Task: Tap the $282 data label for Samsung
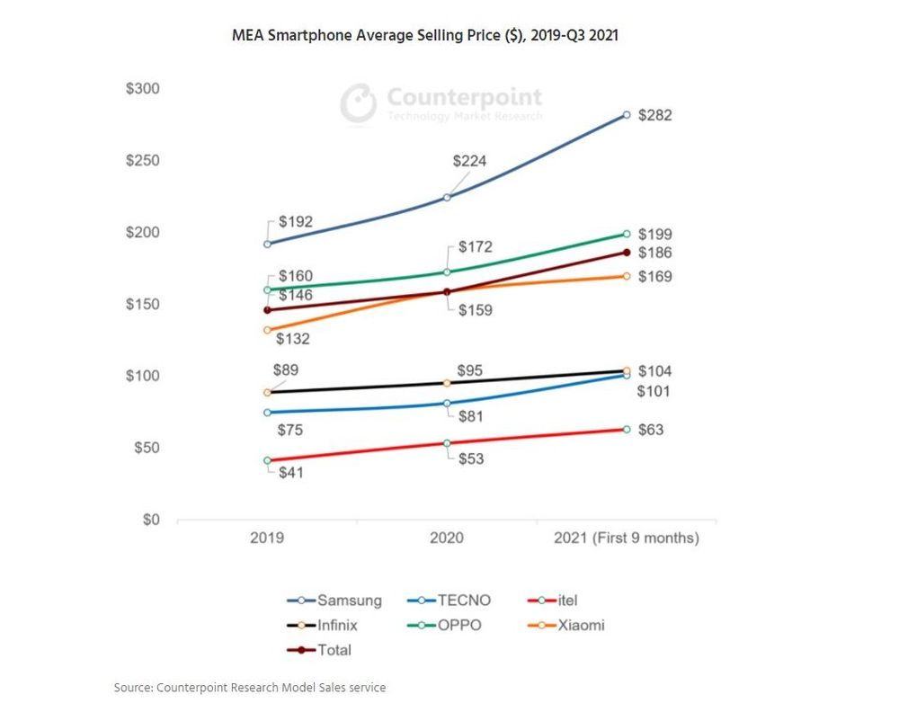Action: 654,116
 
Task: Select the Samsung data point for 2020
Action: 447,198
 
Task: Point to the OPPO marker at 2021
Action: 627,234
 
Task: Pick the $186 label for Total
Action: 654,254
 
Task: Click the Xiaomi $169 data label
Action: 654,277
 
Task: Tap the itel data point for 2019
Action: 267,460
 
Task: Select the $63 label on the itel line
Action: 650,430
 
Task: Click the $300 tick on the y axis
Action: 141,89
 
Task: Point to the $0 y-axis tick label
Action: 150,520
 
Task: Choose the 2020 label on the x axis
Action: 447,538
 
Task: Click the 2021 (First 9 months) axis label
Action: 627,538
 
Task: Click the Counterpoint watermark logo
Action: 441,102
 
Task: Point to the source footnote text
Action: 250,688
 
